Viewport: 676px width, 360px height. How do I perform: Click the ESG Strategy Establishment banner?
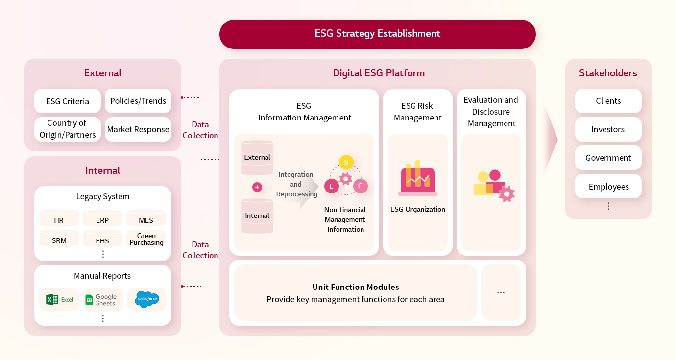click(378, 34)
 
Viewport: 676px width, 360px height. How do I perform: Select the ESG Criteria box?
click(67, 101)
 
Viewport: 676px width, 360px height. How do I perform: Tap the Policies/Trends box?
click(138, 101)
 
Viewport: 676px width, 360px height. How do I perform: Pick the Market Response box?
click(138, 129)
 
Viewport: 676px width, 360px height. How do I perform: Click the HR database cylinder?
click(59, 218)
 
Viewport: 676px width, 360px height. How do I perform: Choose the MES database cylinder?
click(146, 218)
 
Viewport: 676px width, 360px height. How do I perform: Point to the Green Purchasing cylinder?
click(146, 239)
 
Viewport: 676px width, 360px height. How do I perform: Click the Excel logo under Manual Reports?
click(59, 300)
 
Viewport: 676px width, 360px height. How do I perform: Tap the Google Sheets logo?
click(101, 300)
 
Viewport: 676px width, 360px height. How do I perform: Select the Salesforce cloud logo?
click(147, 299)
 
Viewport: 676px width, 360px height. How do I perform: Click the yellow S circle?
click(346, 162)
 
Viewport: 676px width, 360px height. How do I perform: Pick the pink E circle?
click(331, 186)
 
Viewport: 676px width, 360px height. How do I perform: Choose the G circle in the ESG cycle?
click(361, 186)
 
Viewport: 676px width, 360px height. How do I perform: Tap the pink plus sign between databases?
click(257, 187)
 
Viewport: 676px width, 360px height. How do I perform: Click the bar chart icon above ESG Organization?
click(418, 178)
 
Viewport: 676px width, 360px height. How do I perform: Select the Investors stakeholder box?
click(608, 129)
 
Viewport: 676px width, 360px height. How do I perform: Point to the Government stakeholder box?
click(608, 158)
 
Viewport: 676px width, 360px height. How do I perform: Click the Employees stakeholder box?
click(608, 186)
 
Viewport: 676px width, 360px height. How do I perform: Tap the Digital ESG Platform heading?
click(379, 73)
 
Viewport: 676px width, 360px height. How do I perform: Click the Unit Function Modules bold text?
click(356, 287)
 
